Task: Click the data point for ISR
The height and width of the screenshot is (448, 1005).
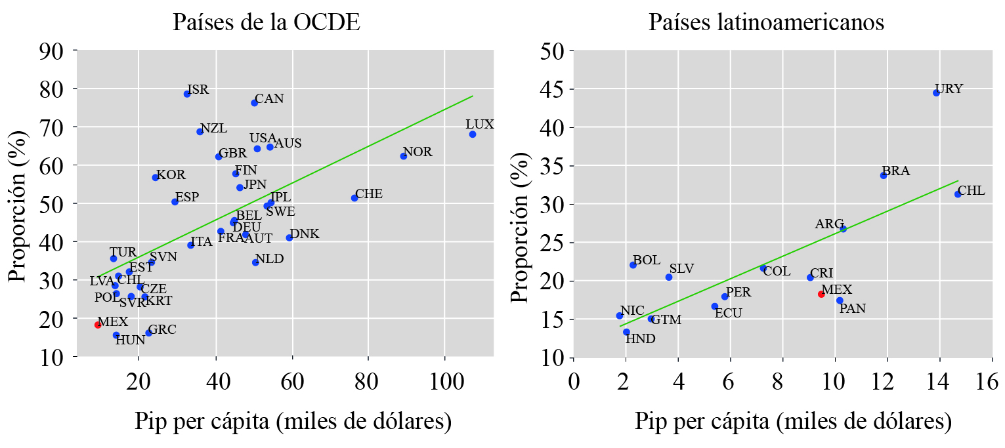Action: click(187, 94)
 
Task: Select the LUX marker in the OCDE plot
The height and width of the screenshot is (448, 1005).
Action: click(472, 134)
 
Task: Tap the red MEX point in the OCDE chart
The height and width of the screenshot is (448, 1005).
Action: click(98, 325)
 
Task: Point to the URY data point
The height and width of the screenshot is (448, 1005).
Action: click(936, 92)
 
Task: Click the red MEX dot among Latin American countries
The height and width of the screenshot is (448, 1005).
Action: click(821, 294)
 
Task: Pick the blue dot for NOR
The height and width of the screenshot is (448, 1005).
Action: click(404, 156)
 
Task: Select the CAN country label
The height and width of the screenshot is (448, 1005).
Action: click(269, 99)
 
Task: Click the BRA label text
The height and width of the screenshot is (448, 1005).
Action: click(895, 171)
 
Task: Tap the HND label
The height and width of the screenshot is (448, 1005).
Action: click(640, 339)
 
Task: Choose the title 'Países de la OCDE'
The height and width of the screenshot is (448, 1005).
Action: click(267, 23)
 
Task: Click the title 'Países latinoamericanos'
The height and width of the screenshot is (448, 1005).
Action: click(766, 23)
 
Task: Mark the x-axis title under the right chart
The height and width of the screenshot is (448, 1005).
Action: click(793, 421)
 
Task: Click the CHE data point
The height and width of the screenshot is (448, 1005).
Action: click(354, 197)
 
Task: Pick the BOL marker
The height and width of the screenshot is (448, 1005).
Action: click(633, 265)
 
